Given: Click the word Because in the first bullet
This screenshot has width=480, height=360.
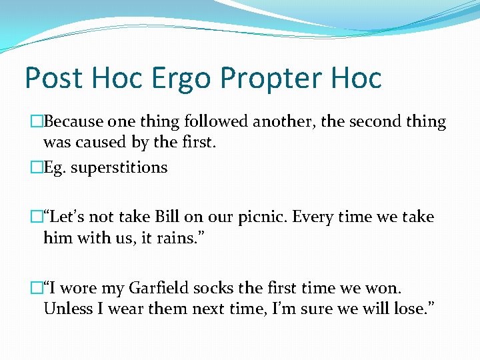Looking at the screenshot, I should (72, 122).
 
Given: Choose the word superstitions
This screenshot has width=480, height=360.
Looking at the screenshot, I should (119, 167).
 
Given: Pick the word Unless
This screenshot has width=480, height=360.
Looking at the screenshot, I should (66, 309).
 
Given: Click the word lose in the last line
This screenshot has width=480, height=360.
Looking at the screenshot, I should (407, 309).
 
